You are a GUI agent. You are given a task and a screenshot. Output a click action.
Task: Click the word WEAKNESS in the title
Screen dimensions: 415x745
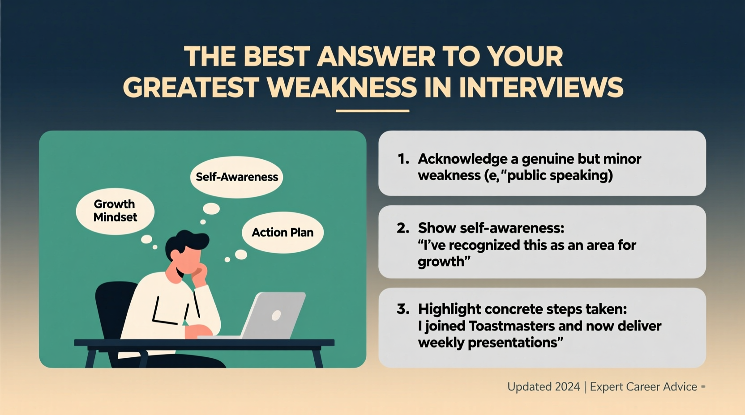click(x=344, y=87)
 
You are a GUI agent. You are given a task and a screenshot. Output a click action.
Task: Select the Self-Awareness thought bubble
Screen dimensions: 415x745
click(x=237, y=177)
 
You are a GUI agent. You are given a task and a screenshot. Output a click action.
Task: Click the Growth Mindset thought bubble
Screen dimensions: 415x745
click(x=115, y=211)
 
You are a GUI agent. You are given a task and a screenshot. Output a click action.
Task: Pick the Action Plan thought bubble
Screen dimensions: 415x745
click(x=283, y=233)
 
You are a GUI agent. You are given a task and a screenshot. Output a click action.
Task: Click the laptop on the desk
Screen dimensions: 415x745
click(x=274, y=315)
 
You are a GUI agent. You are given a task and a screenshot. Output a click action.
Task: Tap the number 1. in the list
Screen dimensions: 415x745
click(x=403, y=159)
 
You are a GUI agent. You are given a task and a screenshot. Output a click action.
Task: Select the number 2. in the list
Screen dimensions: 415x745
click(x=403, y=228)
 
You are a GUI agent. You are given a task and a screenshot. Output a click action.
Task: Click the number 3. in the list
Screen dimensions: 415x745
click(x=403, y=309)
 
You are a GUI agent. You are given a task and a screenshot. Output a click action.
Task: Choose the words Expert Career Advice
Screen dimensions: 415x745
click(x=643, y=387)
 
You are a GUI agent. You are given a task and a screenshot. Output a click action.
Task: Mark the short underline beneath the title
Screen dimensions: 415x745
click(x=372, y=110)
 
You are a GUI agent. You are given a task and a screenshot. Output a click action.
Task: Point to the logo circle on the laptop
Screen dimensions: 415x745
click(x=276, y=315)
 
